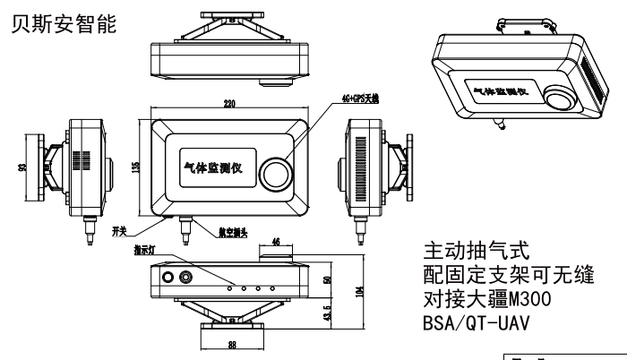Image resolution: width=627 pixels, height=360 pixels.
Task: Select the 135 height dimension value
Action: pyautogui.click(x=137, y=167)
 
